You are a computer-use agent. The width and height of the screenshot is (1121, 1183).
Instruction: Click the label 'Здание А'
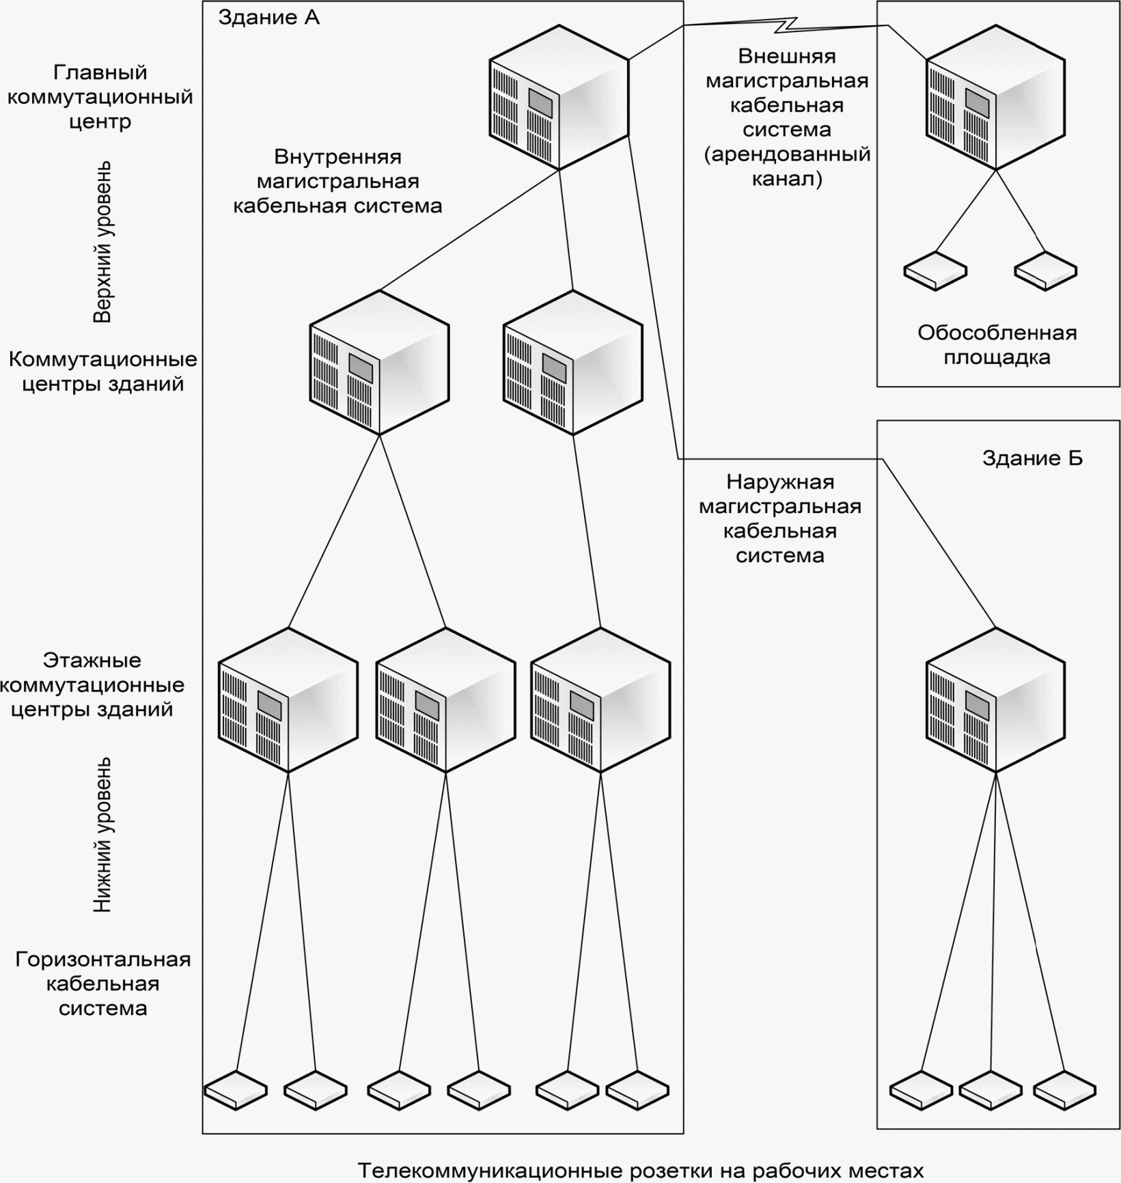tap(268, 18)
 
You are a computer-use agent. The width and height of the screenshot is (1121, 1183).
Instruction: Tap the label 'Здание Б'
tap(1032, 458)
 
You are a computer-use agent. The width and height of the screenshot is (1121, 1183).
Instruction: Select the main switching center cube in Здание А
tap(559, 98)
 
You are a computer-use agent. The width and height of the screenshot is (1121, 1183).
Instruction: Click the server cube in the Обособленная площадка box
tap(995, 98)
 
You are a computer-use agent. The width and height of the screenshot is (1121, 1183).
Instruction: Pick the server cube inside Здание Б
tap(995, 700)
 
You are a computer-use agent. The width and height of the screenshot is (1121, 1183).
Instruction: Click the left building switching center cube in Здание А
tap(379, 363)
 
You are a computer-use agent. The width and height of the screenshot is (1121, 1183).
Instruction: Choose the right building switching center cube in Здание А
tap(572, 363)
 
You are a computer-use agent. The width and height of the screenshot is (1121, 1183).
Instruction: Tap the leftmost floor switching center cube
tap(288, 700)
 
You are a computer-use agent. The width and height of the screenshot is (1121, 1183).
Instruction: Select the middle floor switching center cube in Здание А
tap(445, 700)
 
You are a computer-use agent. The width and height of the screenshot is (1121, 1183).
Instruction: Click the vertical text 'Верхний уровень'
tap(102, 242)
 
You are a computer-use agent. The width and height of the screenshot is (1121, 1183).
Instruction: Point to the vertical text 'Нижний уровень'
tap(102, 835)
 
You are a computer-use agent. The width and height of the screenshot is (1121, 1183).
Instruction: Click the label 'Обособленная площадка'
tap(997, 345)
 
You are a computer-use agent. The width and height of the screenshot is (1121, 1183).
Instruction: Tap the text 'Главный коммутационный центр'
tap(100, 97)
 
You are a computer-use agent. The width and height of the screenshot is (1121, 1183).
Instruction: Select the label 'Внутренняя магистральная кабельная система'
tap(337, 181)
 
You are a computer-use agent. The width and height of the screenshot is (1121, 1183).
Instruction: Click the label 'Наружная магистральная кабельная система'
tap(780, 518)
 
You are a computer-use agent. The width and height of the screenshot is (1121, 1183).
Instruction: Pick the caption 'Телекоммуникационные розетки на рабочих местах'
tap(641, 1170)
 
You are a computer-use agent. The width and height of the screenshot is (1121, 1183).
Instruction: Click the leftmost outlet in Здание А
tap(236, 1090)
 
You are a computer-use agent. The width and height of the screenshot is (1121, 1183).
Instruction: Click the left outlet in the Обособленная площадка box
tap(935, 271)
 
